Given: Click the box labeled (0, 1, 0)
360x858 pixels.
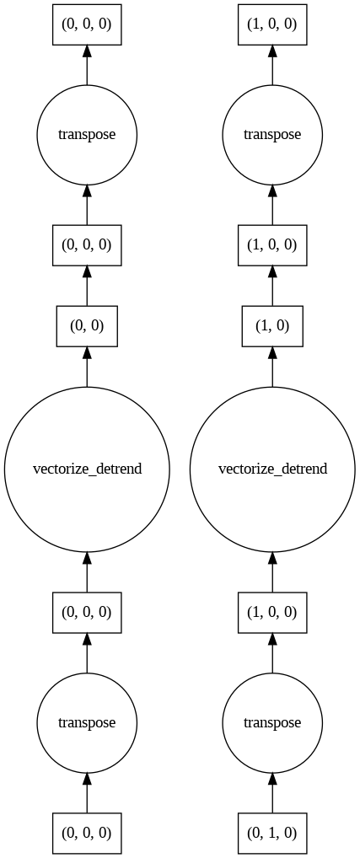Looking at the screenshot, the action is click(x=272, y=833).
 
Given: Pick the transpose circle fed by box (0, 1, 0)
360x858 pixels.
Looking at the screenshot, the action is click(x=272, y=722).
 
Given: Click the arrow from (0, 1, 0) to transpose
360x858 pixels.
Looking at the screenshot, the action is click(x=272, y=793).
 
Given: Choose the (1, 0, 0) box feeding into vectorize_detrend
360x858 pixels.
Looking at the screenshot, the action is click(x=272, y=612).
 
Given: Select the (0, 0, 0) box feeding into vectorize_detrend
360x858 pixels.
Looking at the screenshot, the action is click(x=87, y=612).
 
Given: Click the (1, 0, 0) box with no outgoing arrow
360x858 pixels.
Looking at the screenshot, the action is click(x=272, y=24).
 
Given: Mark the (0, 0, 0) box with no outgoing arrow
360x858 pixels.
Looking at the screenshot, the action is click(x=87, y=24).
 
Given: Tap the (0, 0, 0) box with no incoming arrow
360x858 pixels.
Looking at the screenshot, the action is click(x=87, y=833).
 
